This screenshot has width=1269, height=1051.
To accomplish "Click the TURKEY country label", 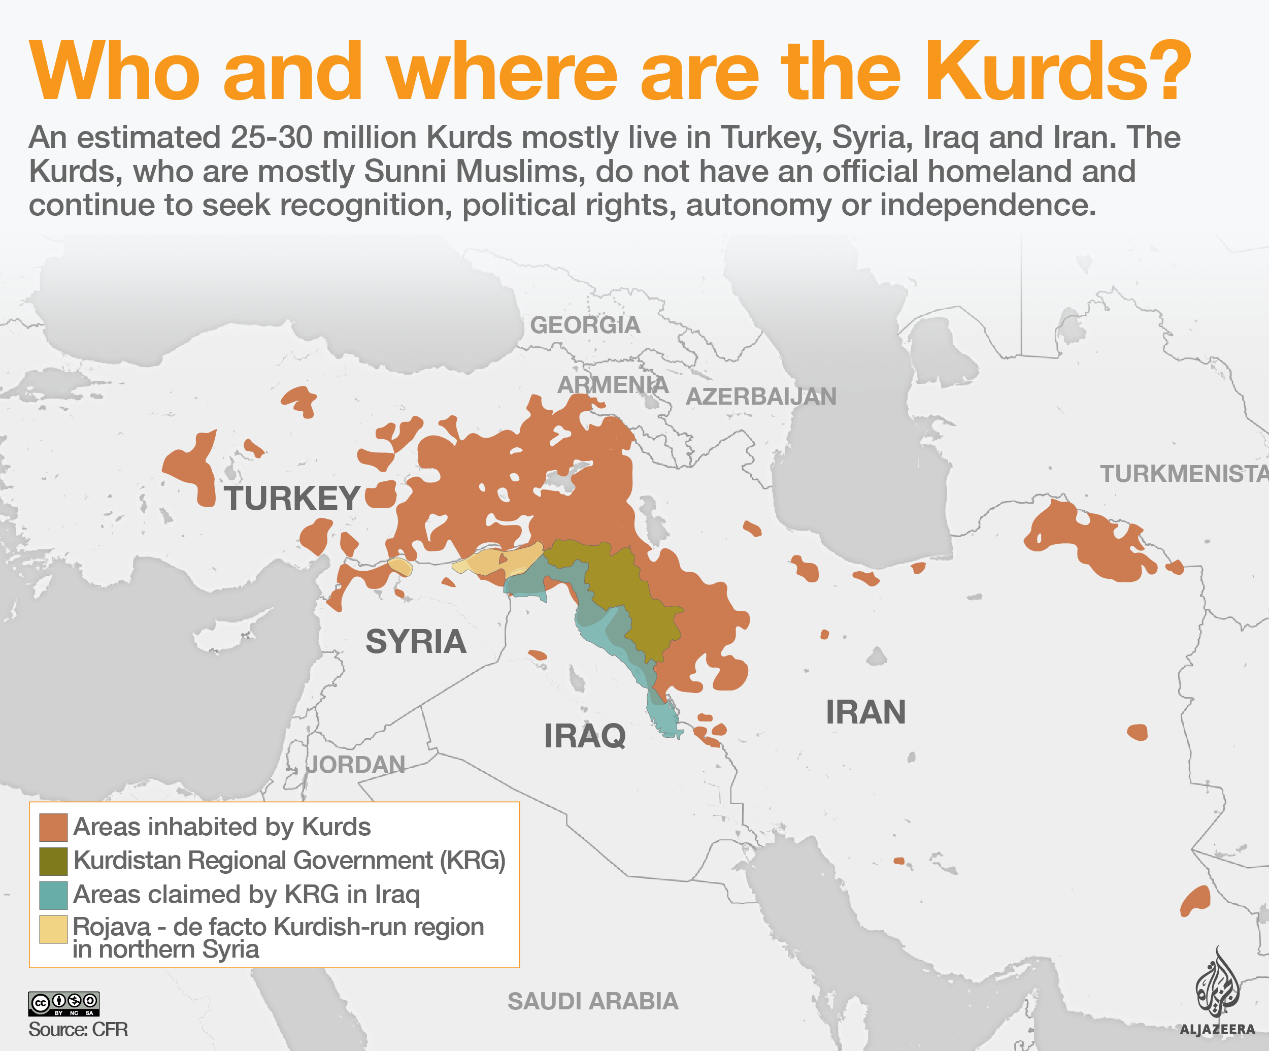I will (x=292, y=499).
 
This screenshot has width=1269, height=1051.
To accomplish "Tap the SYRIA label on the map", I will (x=416, y=641).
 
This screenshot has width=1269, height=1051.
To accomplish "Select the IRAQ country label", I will (x=584, y=736).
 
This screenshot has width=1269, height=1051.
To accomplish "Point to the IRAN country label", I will (x=865, y=712).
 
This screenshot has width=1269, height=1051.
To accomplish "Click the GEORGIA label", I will (x=584, y=325).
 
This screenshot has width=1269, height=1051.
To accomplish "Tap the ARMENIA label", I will (x=612, y=384).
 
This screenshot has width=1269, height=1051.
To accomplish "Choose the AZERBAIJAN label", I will (x=761, y=397).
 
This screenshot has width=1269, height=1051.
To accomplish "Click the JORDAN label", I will (x=355, y=765).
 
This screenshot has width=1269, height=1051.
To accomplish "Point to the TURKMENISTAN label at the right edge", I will (x=1183, y=474).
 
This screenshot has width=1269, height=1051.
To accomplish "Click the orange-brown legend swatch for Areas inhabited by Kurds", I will (x=53, y=828).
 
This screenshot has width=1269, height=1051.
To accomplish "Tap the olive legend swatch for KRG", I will (x=53, y=861).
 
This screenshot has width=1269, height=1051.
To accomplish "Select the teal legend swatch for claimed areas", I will (x=53, y=895).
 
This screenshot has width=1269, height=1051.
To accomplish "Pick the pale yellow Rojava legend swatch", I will (x=53, y=929).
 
